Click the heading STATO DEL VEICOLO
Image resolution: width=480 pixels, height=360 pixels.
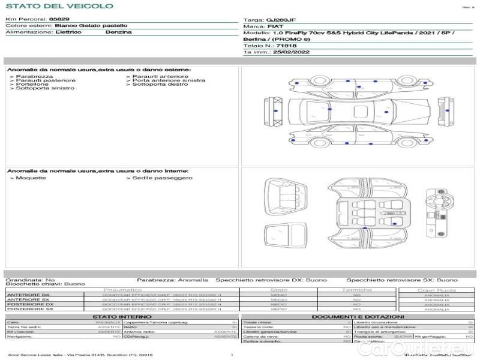pos(59,6)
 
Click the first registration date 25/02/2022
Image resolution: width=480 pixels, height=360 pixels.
pos(283,52)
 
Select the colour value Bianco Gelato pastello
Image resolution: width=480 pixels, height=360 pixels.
pos(91,26)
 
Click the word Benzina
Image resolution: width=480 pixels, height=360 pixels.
pos(118,32)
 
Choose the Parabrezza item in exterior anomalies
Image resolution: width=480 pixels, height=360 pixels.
pos(34,77)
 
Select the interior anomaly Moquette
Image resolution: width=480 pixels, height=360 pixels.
pos(29,178)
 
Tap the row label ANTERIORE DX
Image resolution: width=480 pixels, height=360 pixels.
pos(28,295)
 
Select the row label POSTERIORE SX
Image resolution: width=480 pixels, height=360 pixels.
pos(29,309)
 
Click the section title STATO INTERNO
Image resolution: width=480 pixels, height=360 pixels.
pos(118,316)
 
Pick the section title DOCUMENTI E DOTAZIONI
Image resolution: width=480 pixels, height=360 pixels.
pos(358,316)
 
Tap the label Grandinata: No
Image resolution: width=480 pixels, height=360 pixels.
pos(30,280)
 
